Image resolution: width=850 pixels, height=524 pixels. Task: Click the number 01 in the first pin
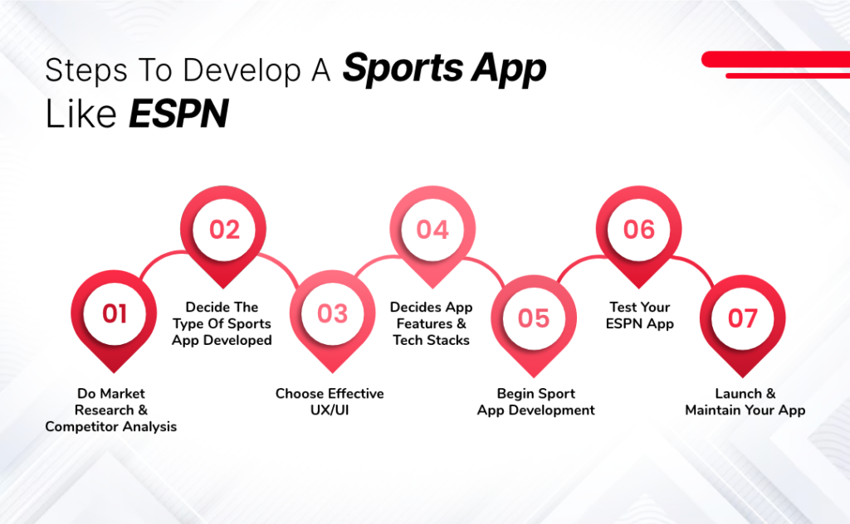click(x=115, y=313)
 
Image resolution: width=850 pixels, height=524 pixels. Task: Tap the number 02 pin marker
click(x=223, y=229)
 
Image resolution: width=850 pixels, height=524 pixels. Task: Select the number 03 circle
click(x=332, y=313)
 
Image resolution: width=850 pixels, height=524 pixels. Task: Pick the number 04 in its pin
click(x=432, y=229)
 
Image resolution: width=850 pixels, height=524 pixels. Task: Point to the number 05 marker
click(x=533, y=318)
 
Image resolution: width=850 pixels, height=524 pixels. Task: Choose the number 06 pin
click(x=638, y=229)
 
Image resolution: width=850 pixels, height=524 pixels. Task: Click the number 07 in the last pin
click(x=742, y=318)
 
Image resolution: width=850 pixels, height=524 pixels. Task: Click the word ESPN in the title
click(x=178, y=115)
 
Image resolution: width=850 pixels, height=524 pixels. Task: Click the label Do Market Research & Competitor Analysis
click(x=110, y=410)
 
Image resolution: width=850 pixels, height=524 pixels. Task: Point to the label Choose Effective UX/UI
click(x=330, y=401)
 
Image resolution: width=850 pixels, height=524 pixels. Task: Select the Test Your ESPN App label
click(x=638, y=315)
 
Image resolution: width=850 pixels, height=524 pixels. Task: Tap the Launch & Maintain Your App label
click(x=745, y=401)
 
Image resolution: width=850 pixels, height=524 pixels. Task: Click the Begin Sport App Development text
click(x=535, y=401)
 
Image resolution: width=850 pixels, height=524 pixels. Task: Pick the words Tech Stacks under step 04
click(x=431, y=340)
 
